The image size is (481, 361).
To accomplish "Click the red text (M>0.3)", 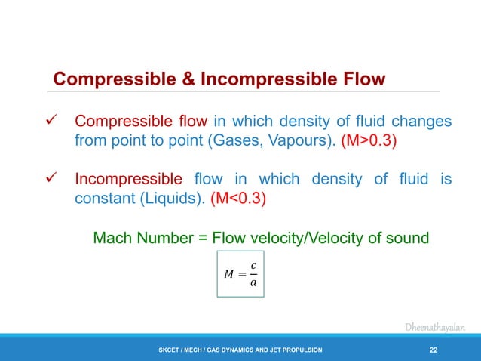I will (363, 140).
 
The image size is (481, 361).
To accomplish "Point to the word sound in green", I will (407, 239).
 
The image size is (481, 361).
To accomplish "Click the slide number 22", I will (434, 349).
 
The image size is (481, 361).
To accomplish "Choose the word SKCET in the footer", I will (168, 350).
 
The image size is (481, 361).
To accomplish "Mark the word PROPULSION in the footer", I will (303, 350).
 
